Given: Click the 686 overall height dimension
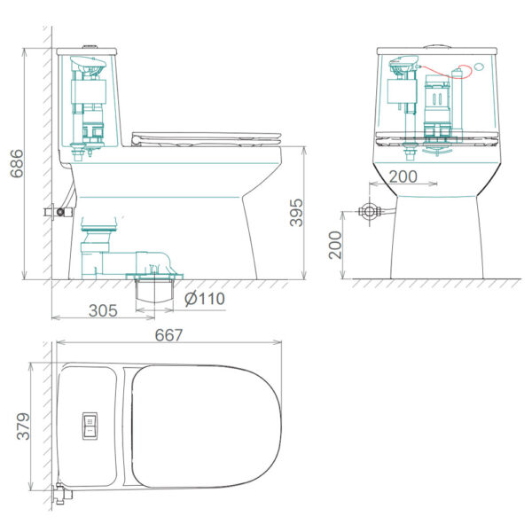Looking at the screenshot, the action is pyautogui.click(x=17, y=163).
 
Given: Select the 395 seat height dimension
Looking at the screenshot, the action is pyautogui.click(x=296, y=213).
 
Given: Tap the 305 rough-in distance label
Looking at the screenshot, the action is pyautogui.click(x=103, y=310).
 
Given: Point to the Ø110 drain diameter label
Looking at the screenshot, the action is pyautogui.click(x=205, y=299).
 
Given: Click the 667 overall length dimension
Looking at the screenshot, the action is pyautogui.click(x=168, y=335).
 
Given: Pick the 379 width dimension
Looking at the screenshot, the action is pyautogui.click(x=23, y=426).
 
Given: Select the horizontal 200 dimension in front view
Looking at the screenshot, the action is pyautogui.click(x=403, y=176).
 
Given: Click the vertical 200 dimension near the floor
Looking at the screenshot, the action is pyautogui.click(x=335, y=246).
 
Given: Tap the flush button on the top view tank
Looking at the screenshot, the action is pyautogui.click(x=90, y=426).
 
